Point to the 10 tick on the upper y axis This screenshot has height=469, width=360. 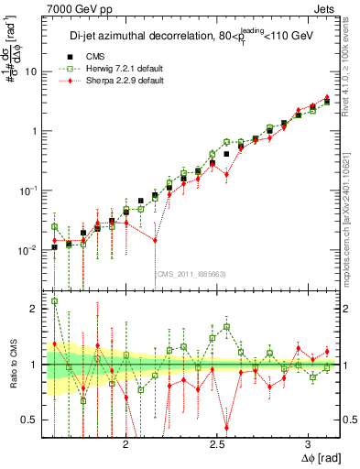(30, 71)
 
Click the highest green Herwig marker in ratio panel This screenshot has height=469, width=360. (54, 300)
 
